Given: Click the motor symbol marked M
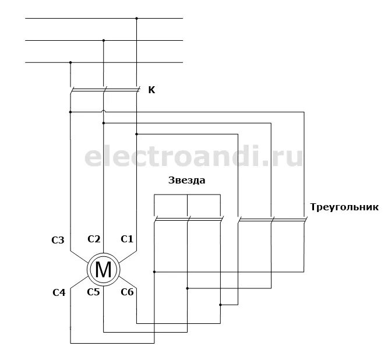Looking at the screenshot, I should coord(103,269).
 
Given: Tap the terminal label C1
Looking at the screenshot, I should coord(127,239).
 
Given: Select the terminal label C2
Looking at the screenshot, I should coord(94,239).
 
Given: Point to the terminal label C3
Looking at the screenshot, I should coord(58,240).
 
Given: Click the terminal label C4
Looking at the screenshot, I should coord(58,293).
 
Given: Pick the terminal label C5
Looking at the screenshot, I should coord(93,292).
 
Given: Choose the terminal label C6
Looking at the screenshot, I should coord(127,292).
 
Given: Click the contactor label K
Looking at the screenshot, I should coord(152,90).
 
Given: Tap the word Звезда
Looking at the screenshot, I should coord(187,181).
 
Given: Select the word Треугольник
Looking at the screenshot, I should coord(345,207).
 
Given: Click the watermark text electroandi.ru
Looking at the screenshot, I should coord(194,157).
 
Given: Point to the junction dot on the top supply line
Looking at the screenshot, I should coord(136,19).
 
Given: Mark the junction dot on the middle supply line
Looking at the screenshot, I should coord(104,40).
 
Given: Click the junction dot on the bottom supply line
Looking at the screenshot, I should coord(70,62).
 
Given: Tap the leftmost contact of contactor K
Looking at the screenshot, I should coord(70,90).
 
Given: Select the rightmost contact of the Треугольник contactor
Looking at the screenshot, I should coord(305,220).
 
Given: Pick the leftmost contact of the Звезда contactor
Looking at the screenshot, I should coord(154,220).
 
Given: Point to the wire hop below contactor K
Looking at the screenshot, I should coord(104,112).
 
